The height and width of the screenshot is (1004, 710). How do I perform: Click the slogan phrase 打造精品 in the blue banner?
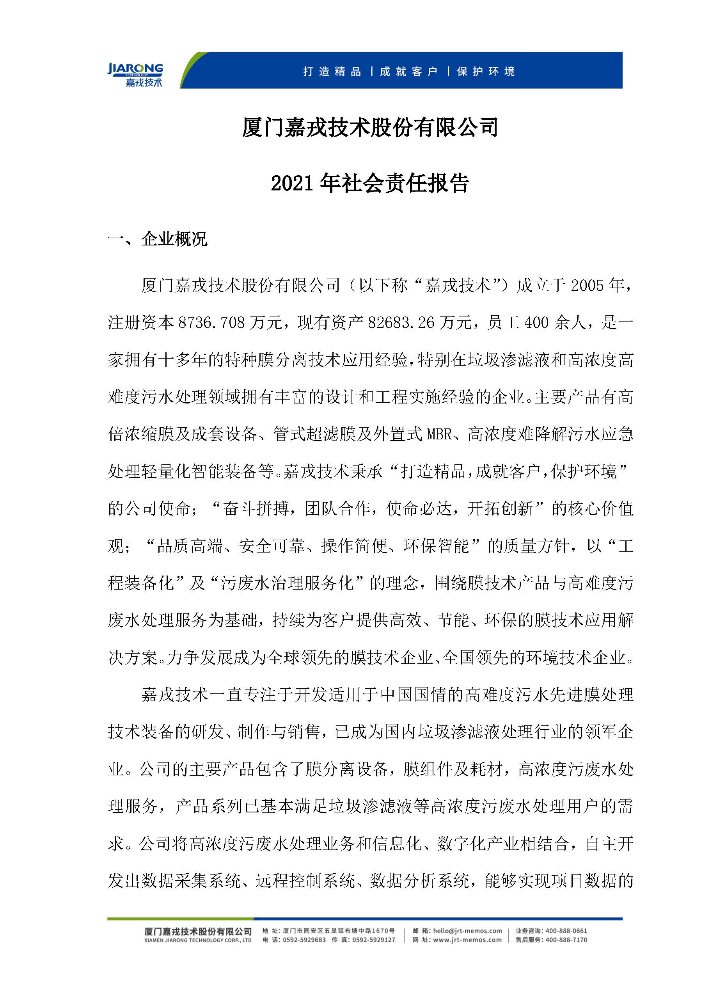[332, 72]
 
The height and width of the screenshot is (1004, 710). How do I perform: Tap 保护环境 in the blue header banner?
[486, 72]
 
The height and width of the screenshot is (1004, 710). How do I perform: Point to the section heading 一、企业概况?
[157, 239]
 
